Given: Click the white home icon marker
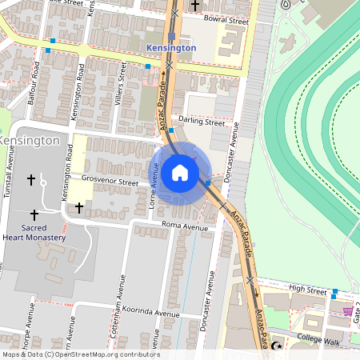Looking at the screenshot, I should click(180, 173).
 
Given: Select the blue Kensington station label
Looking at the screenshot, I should click(172, 48).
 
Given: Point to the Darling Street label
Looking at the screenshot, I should click(202, 122).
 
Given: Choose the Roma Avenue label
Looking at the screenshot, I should click(184, 226).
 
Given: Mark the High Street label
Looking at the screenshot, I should click(308, 288).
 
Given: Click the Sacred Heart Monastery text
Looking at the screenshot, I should click(34, 232).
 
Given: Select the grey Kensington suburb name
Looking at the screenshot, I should click(30, 140).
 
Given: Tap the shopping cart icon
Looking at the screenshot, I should click(347, 311).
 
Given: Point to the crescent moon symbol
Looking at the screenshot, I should click(278, 346).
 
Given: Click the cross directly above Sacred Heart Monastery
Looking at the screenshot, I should click(34, 214).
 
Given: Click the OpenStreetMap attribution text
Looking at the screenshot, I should click(80, 354).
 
